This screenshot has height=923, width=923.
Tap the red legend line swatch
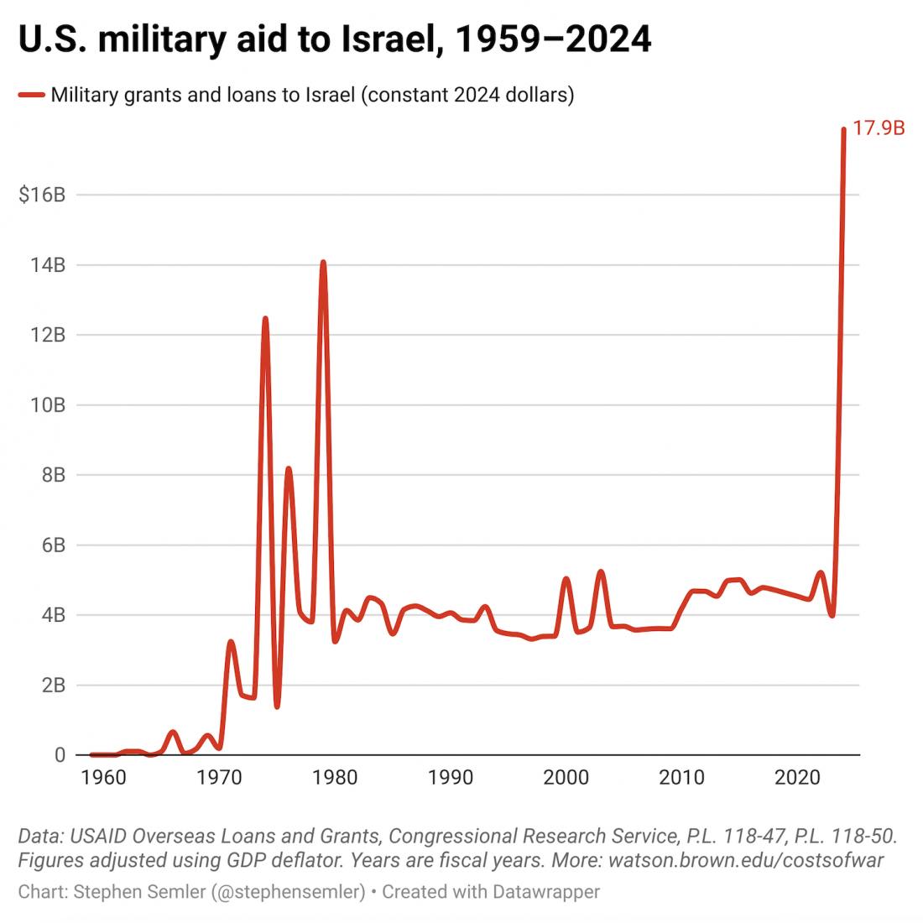point(31,96)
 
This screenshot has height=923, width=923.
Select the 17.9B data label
point(879,129)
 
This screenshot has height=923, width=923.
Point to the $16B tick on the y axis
point(42,196)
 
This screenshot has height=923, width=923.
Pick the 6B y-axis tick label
point(52,545)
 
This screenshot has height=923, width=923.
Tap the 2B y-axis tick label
point(52,686)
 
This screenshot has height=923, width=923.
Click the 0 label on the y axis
point(60,755)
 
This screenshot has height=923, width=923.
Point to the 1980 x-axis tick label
point(335,778)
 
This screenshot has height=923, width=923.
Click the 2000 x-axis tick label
point(566,778)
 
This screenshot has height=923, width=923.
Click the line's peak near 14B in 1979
point(323,263)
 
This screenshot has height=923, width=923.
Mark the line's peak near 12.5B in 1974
point(265,319)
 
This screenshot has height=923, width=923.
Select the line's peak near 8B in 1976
point(289,469)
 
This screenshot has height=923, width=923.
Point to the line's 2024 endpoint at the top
point(843,130)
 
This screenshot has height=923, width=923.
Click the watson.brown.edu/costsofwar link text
point(746,860)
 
